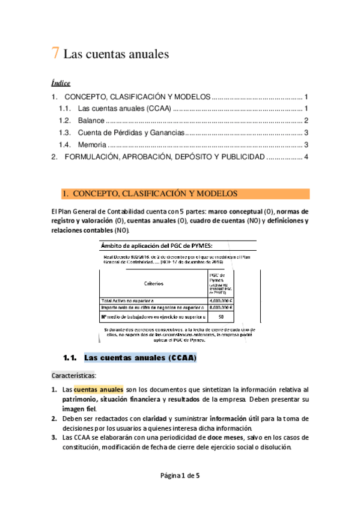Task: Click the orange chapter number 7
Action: [x=55, y=54]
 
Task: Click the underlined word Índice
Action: [x=61, y=83]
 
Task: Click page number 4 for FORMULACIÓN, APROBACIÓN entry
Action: [x=306, y=157]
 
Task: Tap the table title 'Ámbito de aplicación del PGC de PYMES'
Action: [x=156, y=245]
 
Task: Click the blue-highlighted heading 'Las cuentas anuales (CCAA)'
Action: [x=140, y=358]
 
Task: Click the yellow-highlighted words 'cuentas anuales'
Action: [x=99, y=390]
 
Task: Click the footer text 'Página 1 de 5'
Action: [x=180, y=476]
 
